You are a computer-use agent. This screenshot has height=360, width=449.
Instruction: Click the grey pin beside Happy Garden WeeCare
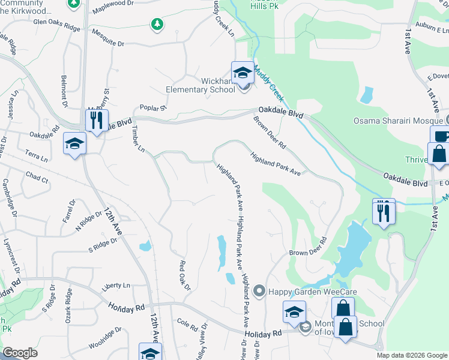click(259, 292)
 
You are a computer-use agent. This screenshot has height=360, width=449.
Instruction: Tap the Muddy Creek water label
click(268, 83)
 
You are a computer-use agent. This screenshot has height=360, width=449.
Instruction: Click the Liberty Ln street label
click(116, 286)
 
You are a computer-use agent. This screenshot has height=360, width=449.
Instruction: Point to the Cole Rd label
click(187, 324)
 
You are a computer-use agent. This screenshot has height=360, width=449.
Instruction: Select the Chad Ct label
click(37, 178)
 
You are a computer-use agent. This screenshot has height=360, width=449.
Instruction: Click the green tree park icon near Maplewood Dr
click(157, 24)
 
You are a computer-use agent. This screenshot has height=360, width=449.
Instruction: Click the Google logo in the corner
click(20, 353)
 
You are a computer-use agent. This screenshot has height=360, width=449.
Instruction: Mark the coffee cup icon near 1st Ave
click(442, 137)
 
